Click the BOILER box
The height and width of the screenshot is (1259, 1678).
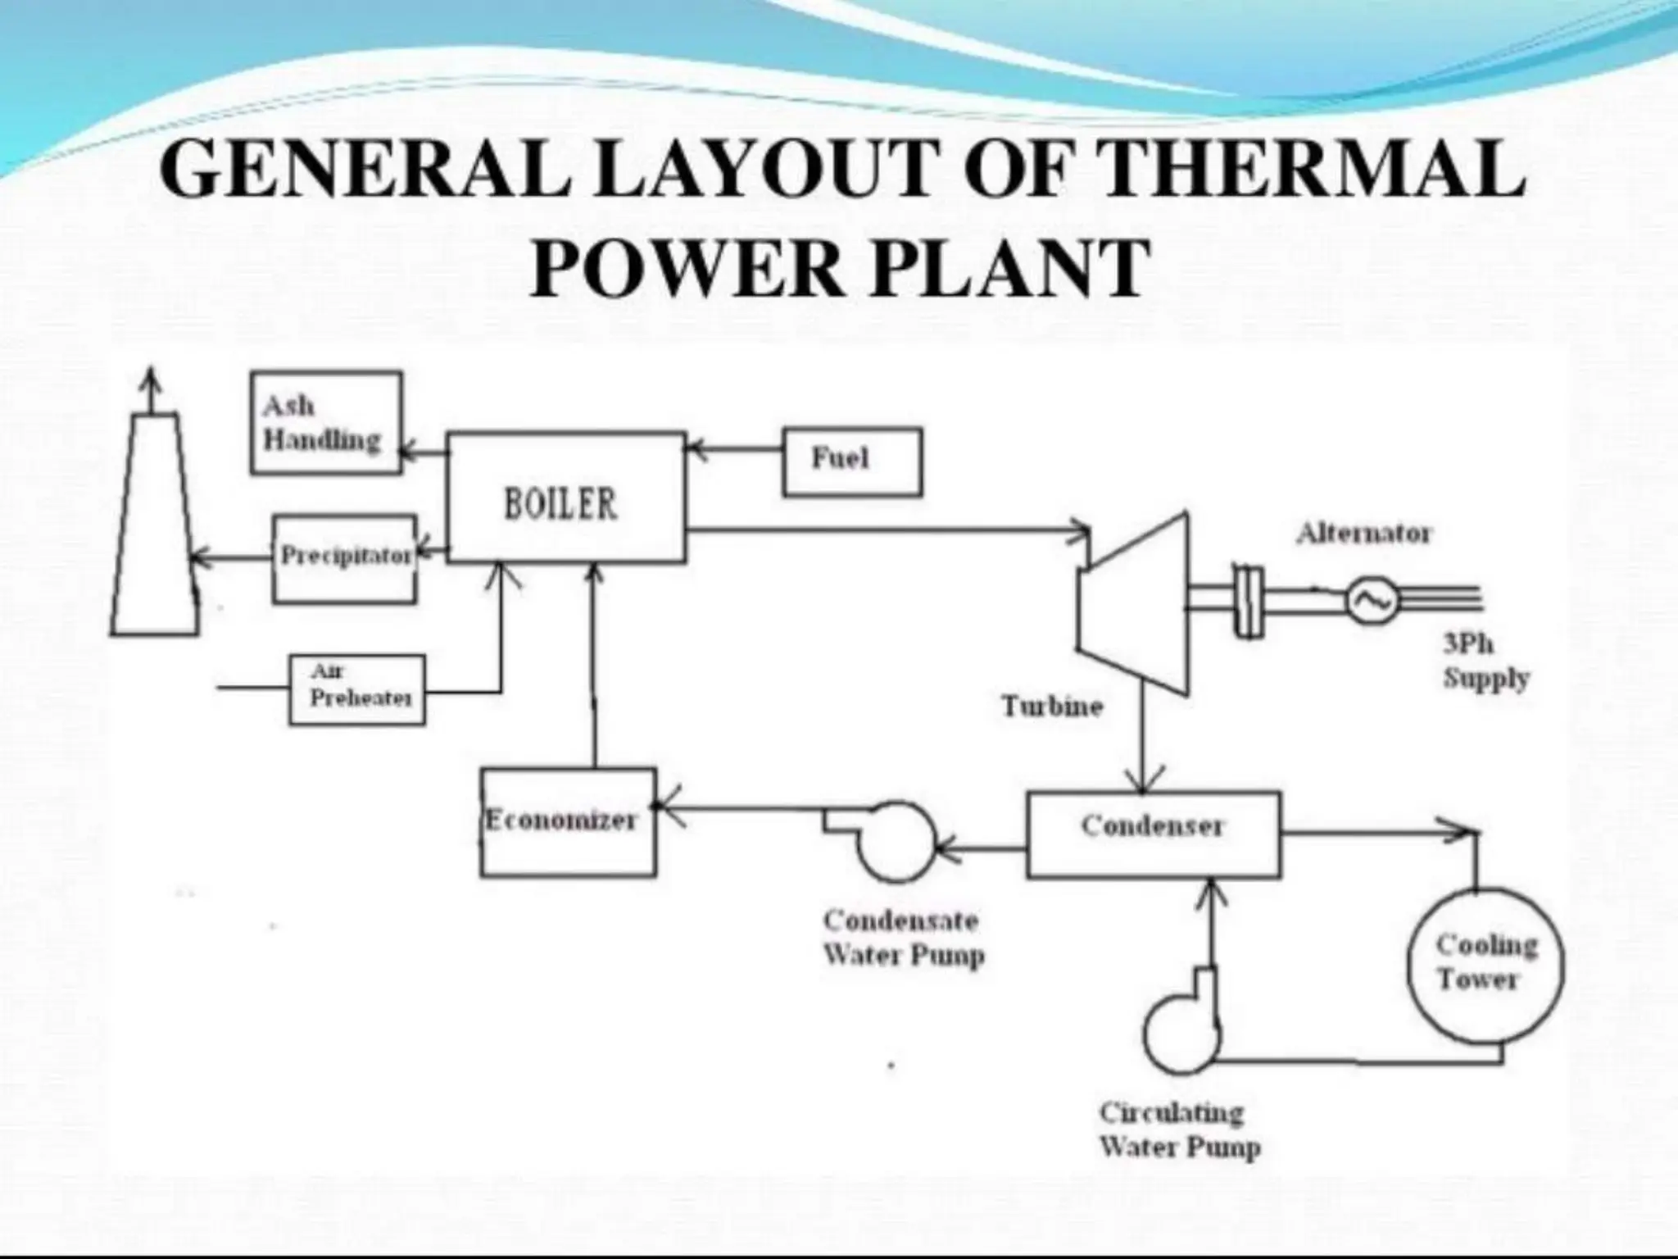coord(566,498)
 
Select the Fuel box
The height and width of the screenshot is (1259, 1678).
coord(852,461)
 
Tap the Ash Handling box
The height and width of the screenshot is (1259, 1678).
coord(326,423)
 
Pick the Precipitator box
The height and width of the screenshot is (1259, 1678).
coord(344,559)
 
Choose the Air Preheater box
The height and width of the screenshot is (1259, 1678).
coord(357,689)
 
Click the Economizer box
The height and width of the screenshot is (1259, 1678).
coord(568,822)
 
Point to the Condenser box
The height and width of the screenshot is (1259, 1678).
coord(1153,834)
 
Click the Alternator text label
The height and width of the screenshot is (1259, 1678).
coord(1363,534)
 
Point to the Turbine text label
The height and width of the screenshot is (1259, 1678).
coord(1053,707)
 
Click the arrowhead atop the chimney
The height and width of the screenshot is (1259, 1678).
coord(149,380)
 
